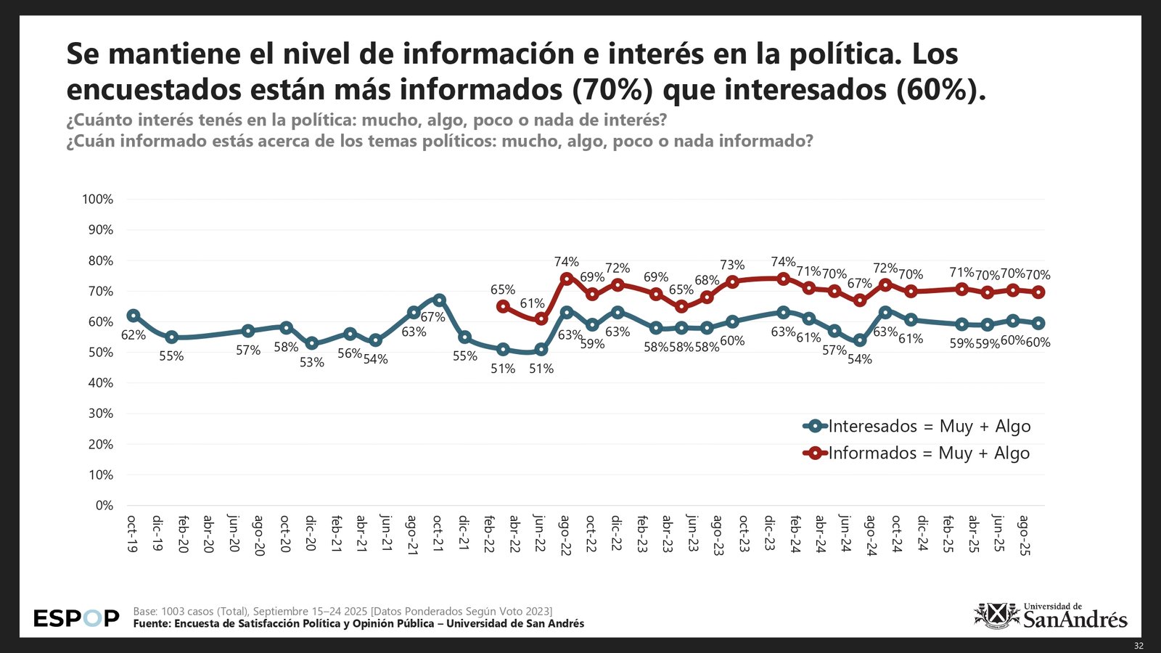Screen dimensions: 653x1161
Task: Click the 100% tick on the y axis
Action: pyautogui.click(x=98, y=200)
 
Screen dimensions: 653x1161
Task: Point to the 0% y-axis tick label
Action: pyautogui.click(x=104, y=506)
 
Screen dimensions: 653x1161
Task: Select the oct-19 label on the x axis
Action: pyautogui.click(x=132, y=534)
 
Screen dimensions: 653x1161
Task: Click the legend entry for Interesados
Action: pyautogui.click(x=917, y=427)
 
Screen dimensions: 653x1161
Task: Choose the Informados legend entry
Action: pyautogui.click(x=917, y=453)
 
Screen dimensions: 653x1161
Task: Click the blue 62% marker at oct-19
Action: pyautogui.click(x=133, y=316)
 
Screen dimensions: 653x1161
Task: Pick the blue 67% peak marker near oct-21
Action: pyautogui.click(x=439, y=300)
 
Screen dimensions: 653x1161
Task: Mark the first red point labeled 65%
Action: pyautogui.click(x=503, y=306)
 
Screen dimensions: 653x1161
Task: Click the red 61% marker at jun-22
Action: pyautogui.click(x=541, y=319)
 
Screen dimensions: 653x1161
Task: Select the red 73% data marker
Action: pyautogui.click(x=732, y=282)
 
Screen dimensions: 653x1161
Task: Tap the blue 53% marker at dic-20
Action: pyautogui.click(x=311, y=343)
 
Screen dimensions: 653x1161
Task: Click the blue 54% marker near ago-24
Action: pyautogui.click(x=860, y=340)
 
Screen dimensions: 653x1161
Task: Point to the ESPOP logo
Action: pyautogui.click(x=76, y=619)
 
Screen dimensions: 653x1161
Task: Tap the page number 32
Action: pyautogui.click(x=1139, y=646)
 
